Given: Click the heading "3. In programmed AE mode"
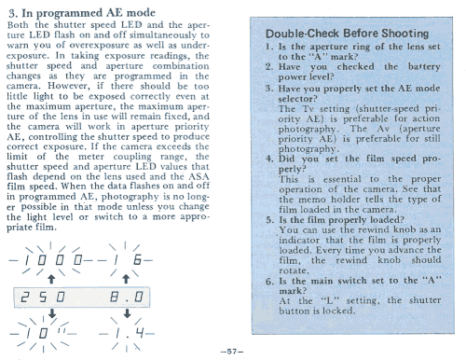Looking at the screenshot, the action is tap(82, 13).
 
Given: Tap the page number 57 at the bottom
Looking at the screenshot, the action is tap(232, 352).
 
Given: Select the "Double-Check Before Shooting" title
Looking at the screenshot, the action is tap(347, 34).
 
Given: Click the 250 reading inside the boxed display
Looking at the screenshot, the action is tap(43, 298).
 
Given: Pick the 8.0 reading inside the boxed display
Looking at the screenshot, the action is tap(127, 298).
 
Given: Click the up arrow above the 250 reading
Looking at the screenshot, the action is tap(51, 279).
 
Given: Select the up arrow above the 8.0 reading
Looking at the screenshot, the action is tap(126, 279).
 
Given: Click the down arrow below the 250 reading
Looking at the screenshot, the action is tap(52, 313).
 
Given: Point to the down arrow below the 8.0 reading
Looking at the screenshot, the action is tap(127, 313).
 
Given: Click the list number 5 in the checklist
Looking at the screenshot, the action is tap(269, 220).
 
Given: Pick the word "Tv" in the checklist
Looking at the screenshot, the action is tap(308, 109).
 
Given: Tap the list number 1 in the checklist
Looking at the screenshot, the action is tap(269, 47).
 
